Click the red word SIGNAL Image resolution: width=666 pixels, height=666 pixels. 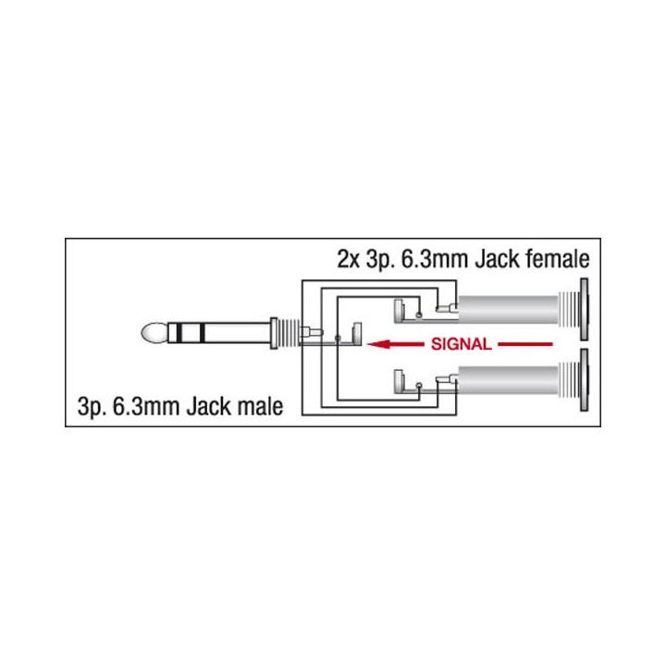pyautogui.click(x=460, y=346)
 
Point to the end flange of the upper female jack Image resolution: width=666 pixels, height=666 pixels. pyautogui.click(x=584, y=308)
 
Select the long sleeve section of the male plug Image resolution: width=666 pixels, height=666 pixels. pyautogui.click(x=237, y=333)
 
